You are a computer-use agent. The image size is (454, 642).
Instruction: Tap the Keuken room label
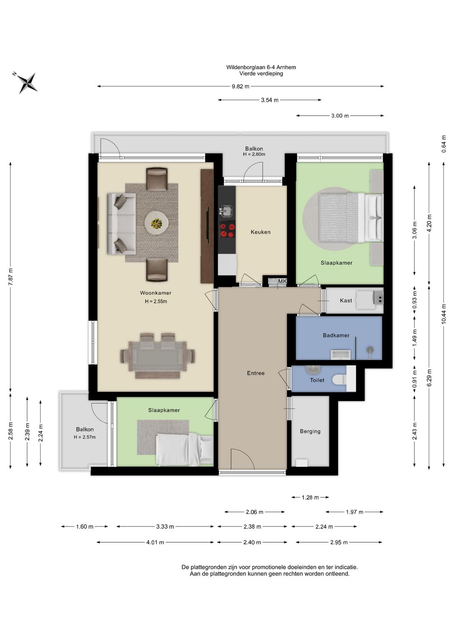[260, 232]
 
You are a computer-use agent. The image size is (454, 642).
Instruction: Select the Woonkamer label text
[156, 293]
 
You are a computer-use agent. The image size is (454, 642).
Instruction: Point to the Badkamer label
[336, 335]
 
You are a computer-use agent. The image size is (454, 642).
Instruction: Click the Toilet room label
[317, 380]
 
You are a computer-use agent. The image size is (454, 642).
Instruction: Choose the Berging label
[310, 431]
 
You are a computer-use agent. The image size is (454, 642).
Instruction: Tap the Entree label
[256, 373]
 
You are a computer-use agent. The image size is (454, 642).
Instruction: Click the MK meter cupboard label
[282, 281]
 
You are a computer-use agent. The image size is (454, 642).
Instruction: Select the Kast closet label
[346, 300]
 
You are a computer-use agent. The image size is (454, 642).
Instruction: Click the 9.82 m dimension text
[240, 87]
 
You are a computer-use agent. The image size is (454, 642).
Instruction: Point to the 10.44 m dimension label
[443, 313]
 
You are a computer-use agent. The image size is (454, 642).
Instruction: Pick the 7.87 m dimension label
[11, 276]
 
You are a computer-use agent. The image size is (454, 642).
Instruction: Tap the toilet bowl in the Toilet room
[340, 380]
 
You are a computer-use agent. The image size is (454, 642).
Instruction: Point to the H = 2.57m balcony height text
[85, 437]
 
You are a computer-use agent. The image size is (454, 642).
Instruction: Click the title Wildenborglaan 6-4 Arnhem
[261, 67]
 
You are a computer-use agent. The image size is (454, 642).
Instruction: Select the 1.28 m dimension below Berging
[310, 498]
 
